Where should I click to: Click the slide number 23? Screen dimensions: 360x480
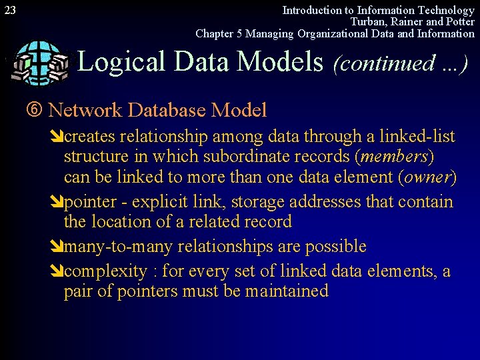pos(10,10)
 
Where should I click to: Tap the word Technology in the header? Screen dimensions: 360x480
pos(447,10)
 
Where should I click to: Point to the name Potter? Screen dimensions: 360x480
pos(459,21)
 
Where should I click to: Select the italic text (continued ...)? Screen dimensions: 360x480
pos(399,63)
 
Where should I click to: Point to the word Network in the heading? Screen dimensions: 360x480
pos(86,110)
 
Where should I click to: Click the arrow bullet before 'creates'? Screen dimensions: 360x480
pos(58,137)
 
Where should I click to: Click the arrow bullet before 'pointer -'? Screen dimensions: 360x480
pos(58,202)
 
